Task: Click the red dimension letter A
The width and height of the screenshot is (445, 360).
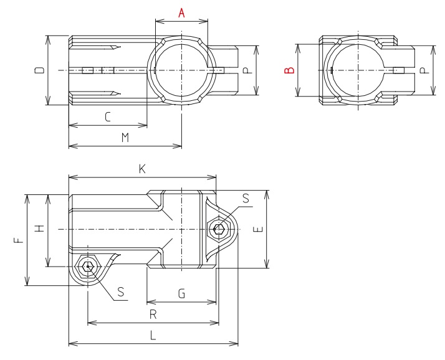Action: pos(181,12)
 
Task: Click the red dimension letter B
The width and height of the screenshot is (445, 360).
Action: pos(289,70)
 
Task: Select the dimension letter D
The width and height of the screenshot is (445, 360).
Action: pos(39,71)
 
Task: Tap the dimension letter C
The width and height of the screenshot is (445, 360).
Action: pos(107,116)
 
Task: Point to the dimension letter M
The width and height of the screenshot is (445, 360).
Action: pos(125,138)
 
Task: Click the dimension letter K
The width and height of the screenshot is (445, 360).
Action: pos(142,168)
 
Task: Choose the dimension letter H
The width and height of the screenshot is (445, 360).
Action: pos(39,229)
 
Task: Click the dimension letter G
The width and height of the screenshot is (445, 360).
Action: pos(181,292)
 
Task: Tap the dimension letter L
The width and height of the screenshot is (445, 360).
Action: pos(153,334)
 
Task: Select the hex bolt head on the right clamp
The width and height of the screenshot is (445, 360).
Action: pos(219,229)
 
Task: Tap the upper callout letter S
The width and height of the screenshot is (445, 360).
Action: pos(245,199)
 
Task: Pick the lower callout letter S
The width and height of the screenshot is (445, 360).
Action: pos(121,291)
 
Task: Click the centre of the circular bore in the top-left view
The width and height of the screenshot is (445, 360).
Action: pos(181,71)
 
